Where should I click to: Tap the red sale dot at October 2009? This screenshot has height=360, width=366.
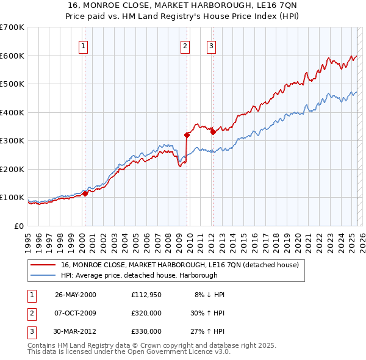[187, 135]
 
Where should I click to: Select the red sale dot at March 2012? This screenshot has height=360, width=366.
[213, 132]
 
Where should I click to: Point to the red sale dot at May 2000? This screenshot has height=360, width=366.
[86, 193]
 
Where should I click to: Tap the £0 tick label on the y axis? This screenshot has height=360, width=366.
[19, 226]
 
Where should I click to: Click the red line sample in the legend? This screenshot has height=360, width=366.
[42, 265]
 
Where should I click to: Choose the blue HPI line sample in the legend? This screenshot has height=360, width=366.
[42, 276]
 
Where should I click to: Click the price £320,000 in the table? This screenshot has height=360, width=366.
[146, 314]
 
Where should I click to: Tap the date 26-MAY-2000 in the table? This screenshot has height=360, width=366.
[76, 295]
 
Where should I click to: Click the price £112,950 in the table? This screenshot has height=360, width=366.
[146, 295]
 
